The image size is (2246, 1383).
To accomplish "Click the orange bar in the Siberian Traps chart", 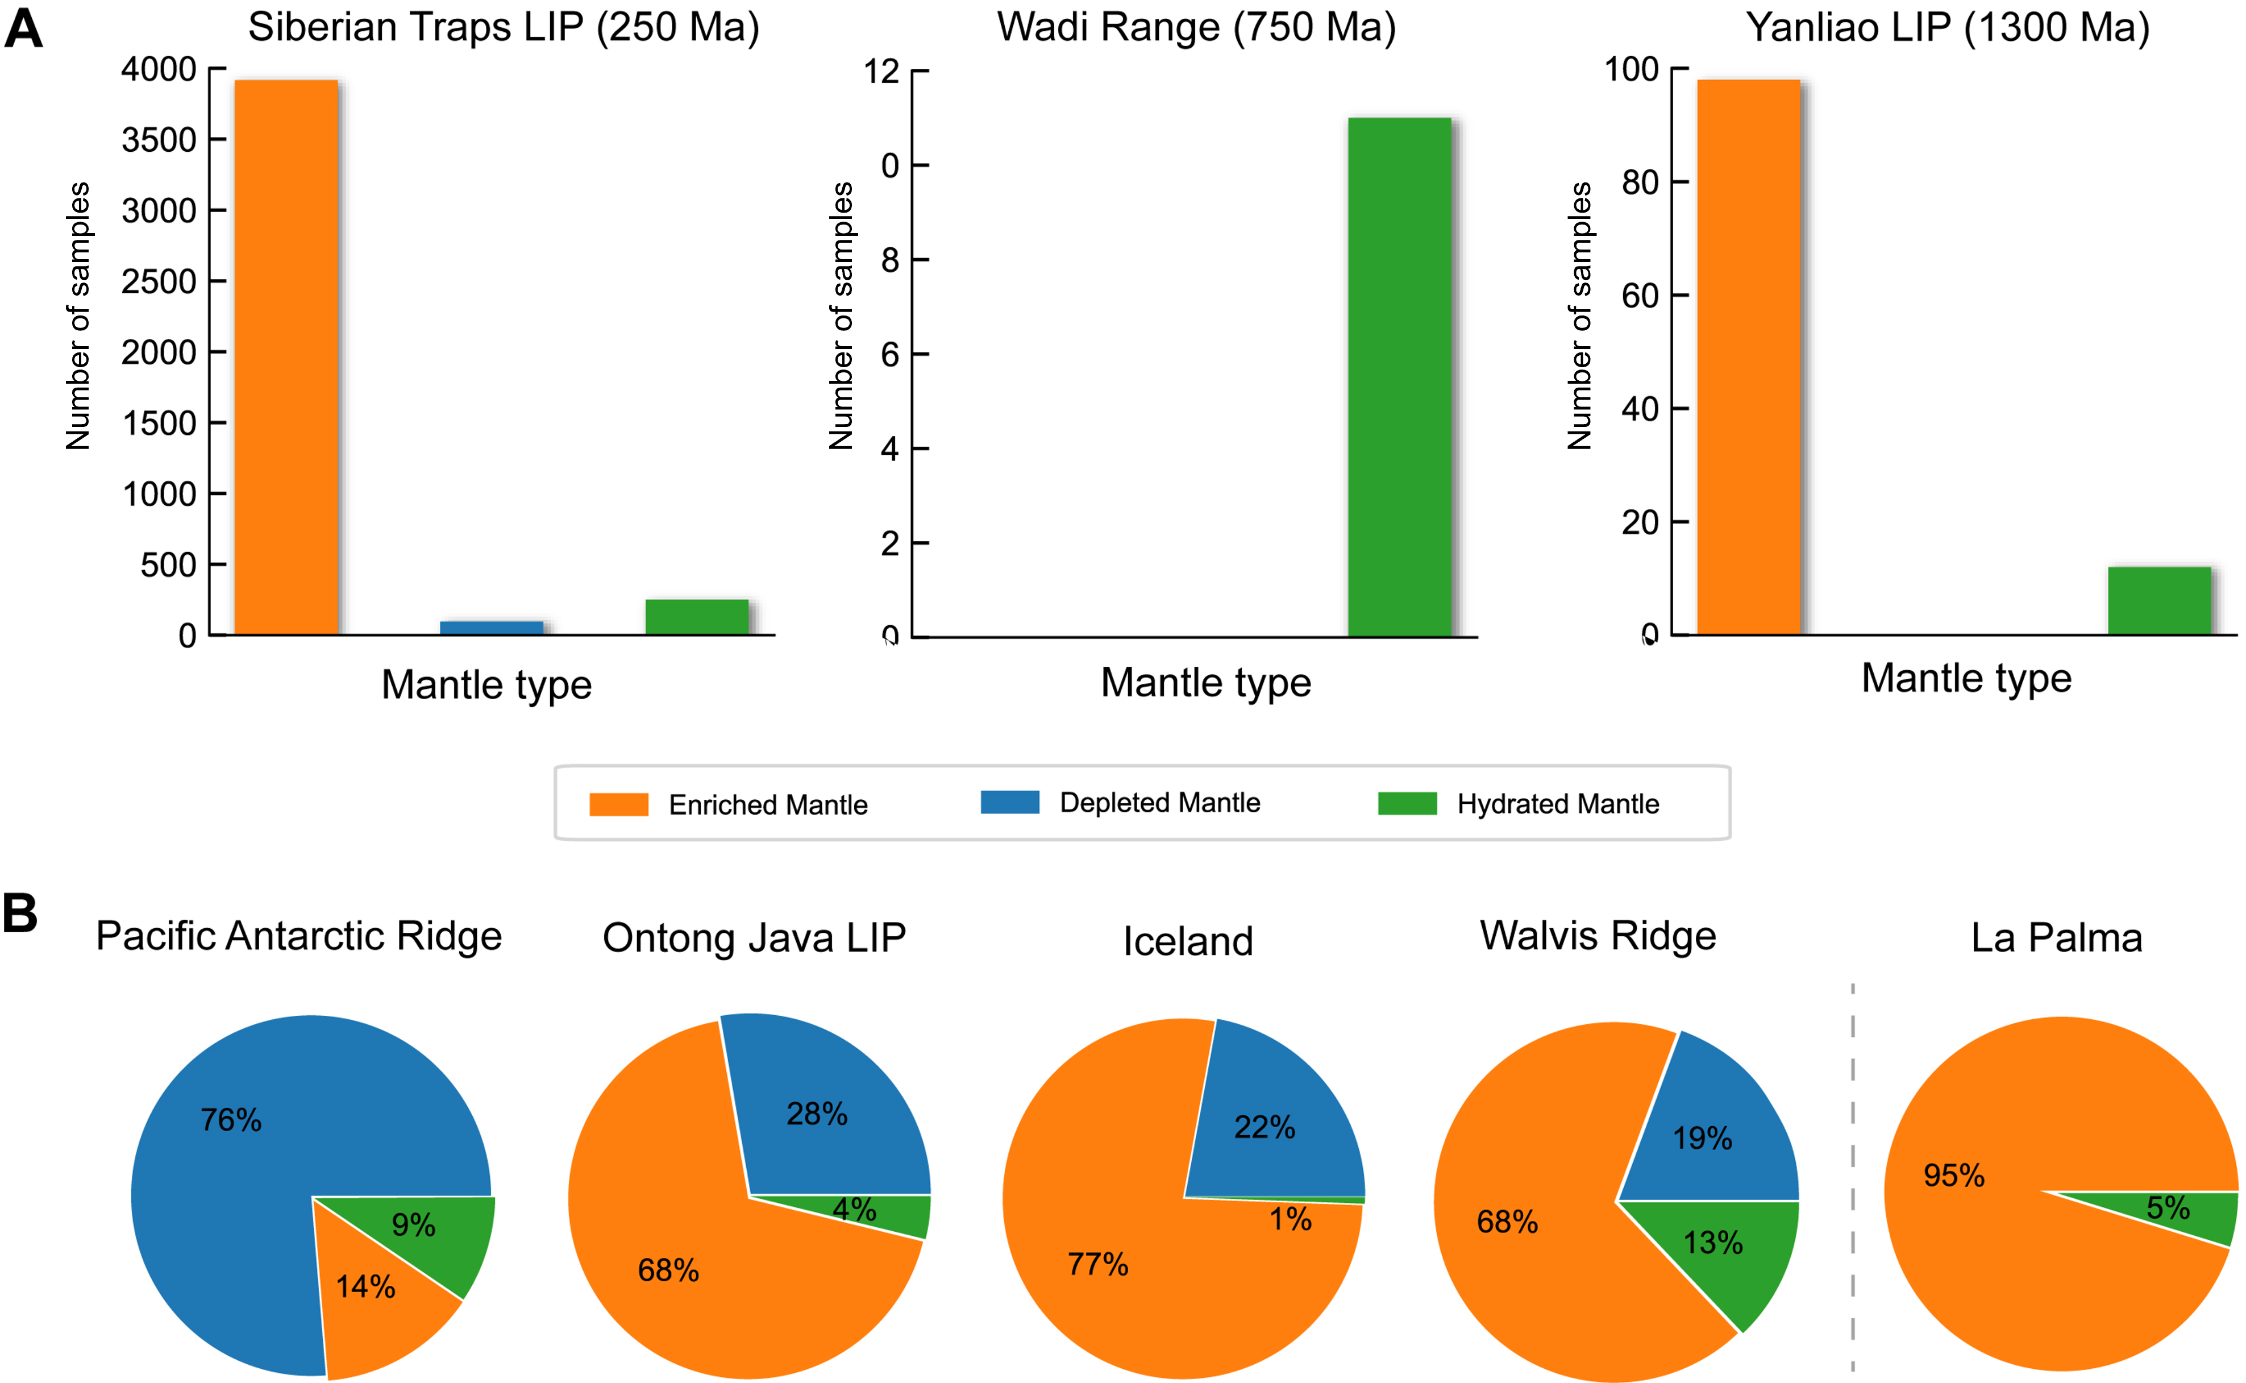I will [x=286, y=357].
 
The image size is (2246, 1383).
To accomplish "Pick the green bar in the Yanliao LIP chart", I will [x=2159, y=600].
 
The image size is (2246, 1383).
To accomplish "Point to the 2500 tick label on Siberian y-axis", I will [x=159, y=282].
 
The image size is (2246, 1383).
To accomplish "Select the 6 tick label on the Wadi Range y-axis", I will [x=890, y=355].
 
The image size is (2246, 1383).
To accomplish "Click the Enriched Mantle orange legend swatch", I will [x=618, y=804].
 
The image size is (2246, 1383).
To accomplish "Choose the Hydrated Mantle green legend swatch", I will [x=1407, y=803].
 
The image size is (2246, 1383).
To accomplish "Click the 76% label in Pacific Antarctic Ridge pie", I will [x=231, y=1120].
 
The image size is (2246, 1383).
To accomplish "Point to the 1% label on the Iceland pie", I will [x=1290, y=1219].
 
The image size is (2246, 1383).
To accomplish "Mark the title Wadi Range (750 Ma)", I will [x=1196, y=27].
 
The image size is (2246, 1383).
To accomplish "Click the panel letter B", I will [x=20, y=913].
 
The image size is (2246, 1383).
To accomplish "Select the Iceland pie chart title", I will [x=1188, y=941].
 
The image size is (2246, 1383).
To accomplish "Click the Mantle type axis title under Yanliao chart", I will [x=1966, y=679].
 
